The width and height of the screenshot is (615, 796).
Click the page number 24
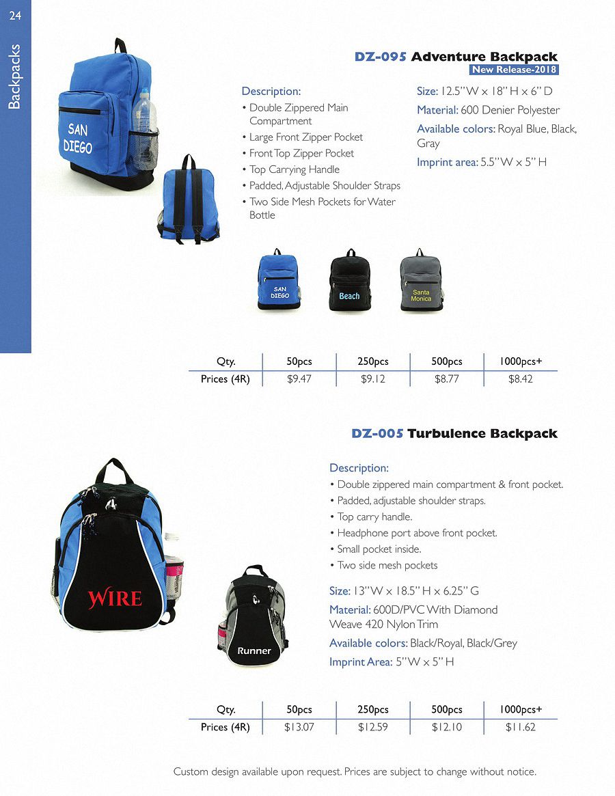point(15,16)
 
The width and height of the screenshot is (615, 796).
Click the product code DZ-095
point(381,57)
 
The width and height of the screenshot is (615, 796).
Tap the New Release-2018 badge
point(515,70)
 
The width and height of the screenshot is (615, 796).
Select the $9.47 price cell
point(299,379)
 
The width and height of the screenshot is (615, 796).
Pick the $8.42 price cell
point(521,379)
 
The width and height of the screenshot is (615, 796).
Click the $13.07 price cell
point(299,727)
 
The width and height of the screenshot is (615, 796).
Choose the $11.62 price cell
point(521,727)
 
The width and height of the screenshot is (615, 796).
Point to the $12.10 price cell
point(447,727)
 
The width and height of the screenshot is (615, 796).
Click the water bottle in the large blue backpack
point(144,130)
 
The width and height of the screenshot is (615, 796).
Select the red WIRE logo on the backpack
point(114,599)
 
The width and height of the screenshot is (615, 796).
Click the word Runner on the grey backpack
point(254,651)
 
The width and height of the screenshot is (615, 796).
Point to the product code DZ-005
point(377,433)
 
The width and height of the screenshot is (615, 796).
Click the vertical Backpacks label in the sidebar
point(15,77)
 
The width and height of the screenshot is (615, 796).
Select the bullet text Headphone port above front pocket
point(417,533)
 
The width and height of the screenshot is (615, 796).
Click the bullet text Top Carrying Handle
point(294,169)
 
